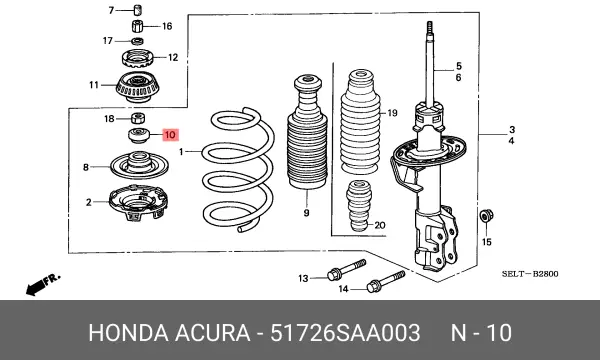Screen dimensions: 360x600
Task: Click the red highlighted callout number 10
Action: [170, 134]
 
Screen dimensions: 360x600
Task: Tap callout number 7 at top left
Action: [112, 10]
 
